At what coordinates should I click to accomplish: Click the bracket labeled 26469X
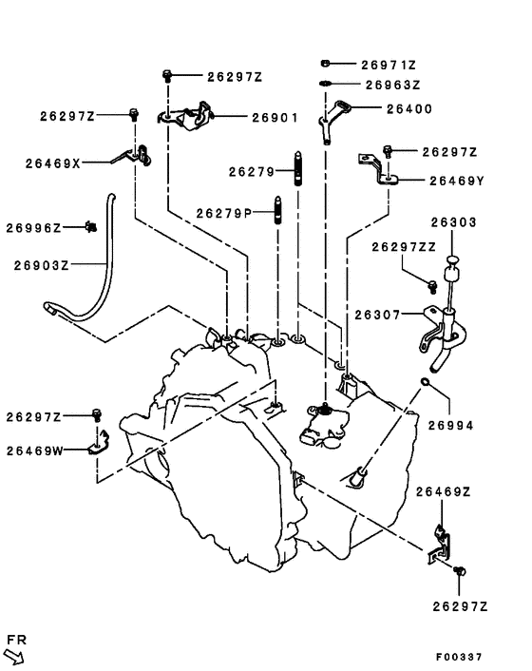(x=134, y=156)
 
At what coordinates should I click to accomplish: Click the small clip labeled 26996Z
(x=91, y=227)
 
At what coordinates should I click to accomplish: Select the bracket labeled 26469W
(x=101, y=443)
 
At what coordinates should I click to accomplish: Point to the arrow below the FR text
(x=14, y=654)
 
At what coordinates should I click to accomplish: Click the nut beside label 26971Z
(x=325, y=64)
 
